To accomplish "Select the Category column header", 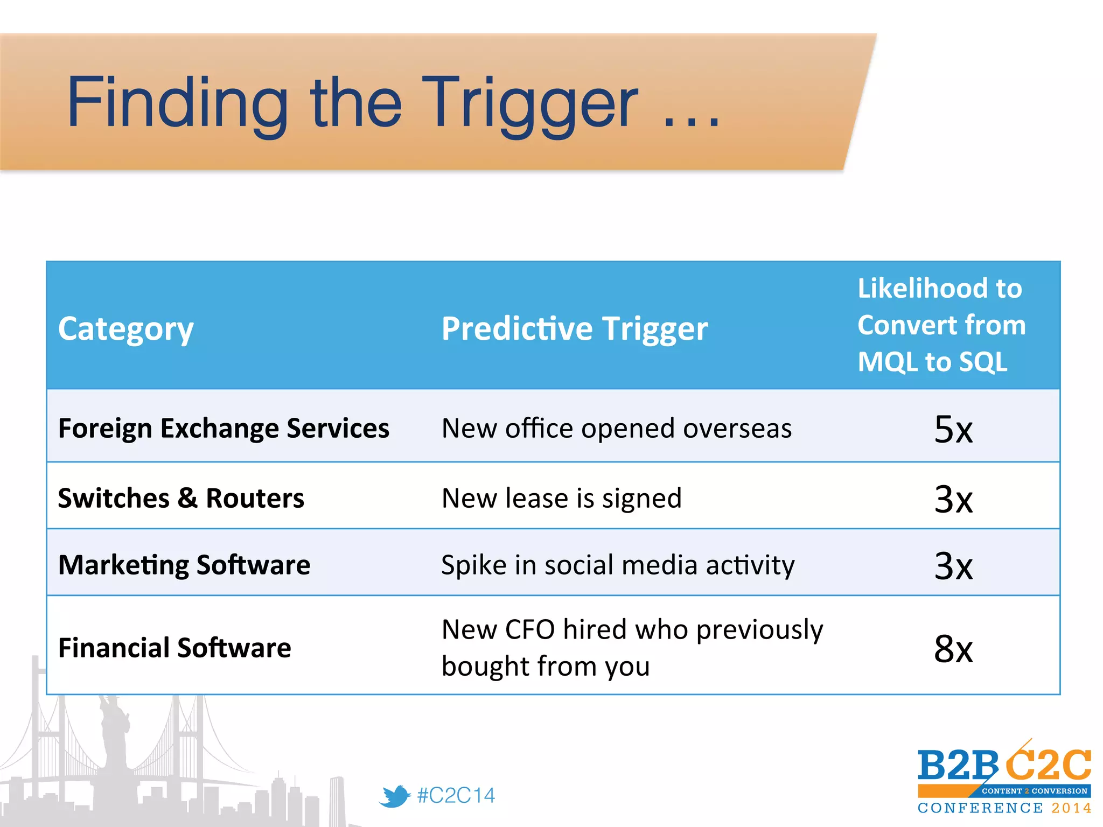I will [x=125, y=329].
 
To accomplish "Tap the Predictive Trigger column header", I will [x=574, y=329].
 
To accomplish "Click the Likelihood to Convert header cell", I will [x=941, y=325].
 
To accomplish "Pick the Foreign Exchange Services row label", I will [x=224, y=429].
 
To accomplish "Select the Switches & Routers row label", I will [x=181, y=498].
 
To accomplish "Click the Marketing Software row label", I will [x=184, y=565].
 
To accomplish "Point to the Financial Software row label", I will [x=174, y=648].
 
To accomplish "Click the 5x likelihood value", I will [x=953, y=430].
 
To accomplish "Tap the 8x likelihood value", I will [x=953, y=649].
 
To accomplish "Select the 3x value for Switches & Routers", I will [x=953, y=499].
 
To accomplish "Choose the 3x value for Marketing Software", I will [x=953, y=566].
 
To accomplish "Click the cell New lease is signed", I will [x=561, y=498].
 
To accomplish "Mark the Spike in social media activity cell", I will [x=617, y=565].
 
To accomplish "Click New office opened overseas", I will [x=616, y=429].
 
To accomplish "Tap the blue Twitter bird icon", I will [x=395, y=796].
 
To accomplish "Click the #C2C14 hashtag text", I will [x=456, y=796].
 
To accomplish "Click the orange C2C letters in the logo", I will [x=1048, y=765].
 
